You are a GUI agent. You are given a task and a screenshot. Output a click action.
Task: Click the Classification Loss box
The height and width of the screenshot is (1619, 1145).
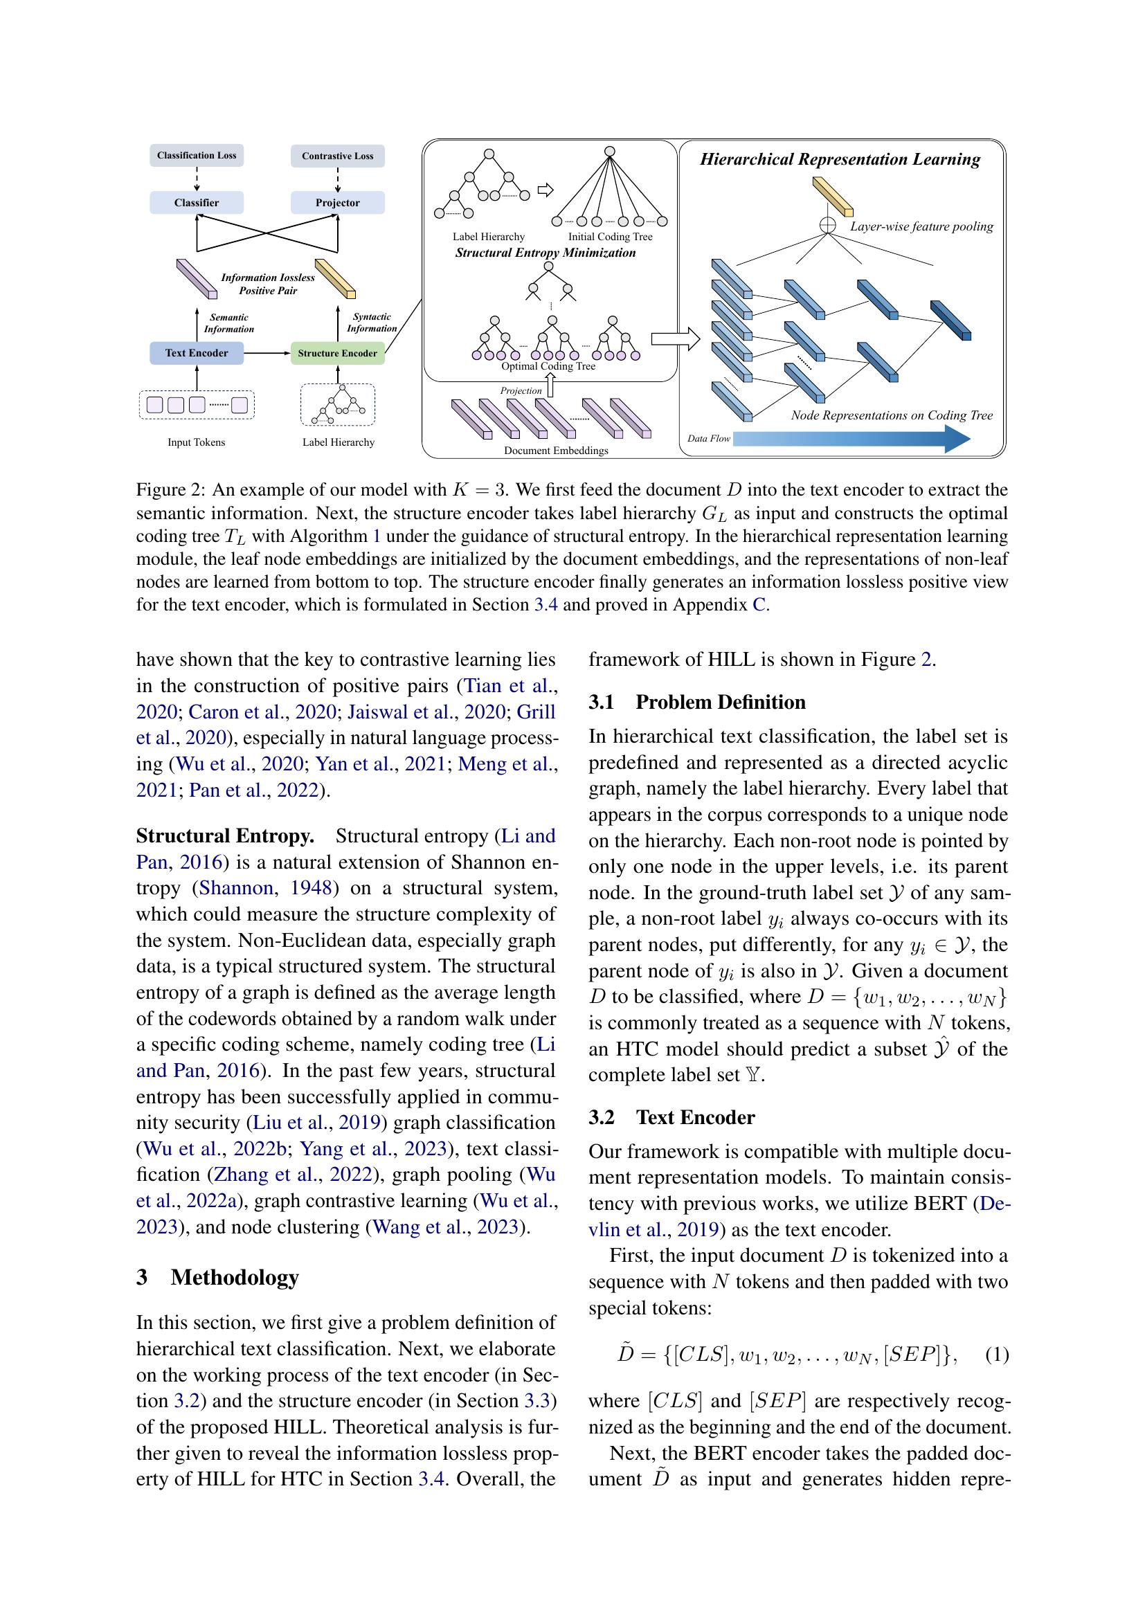click(x=196, y=156)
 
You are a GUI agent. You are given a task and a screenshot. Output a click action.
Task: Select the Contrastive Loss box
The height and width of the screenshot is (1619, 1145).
click(x=337, y=156)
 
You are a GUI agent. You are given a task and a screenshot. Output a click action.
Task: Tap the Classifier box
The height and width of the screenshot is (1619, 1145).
click(x=196, y=203)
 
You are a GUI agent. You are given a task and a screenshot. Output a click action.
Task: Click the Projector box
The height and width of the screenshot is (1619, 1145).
click(x=337, y=203)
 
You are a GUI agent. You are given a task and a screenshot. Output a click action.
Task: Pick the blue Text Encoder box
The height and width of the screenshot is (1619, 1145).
click(x=196, y=353)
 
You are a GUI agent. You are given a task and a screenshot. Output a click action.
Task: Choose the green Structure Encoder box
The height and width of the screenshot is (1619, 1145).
click(x=337, y=353)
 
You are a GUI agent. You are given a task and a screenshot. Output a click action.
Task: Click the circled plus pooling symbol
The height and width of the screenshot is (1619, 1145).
click(x=828, y=225)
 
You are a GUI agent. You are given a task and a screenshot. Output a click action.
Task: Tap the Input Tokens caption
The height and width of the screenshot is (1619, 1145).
click(x=196, y=443)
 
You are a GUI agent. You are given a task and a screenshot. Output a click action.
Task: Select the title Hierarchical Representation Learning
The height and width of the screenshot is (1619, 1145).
click(x=840, y=159)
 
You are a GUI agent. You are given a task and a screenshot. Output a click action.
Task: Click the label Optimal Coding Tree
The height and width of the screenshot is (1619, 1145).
click(x=548, y=367)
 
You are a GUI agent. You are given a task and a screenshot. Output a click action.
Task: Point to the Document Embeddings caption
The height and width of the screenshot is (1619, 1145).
click(x=556, y=451)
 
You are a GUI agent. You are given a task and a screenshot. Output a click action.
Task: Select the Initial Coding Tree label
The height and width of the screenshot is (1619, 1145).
click(x=610, y=237)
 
